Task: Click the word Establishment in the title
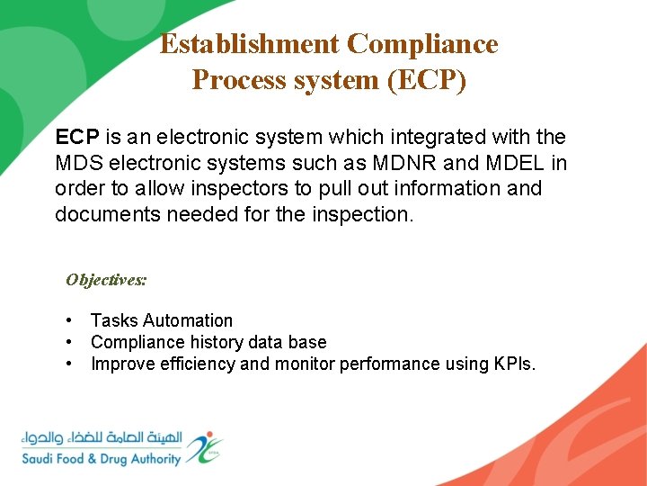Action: click(249, 44)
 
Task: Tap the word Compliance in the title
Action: click(421, 44)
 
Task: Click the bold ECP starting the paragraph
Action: click(77, 138)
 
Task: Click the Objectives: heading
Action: click(106, 280)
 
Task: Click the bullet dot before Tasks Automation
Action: click(69, 320)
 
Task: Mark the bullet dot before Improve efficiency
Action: click(69, 364)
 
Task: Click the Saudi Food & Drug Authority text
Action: click(101, 458)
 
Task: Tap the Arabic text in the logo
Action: click(101, 438)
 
